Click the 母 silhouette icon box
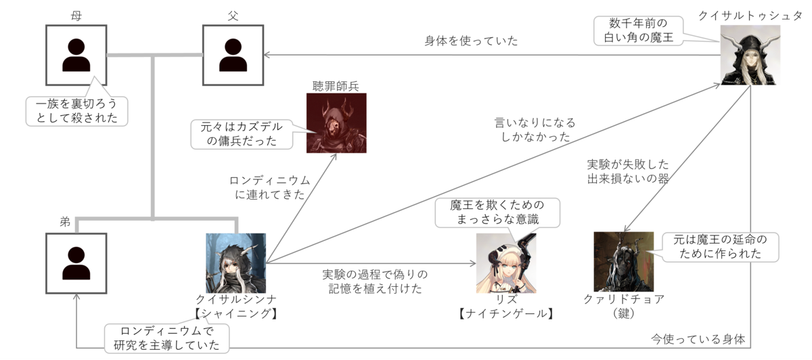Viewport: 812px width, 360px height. [x=76, y=55]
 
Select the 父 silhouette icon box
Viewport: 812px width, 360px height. [x=233, y=55]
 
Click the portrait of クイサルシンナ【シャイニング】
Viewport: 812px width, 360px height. [x=236, y=263]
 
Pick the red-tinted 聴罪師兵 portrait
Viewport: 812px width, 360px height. [x=336, y=122]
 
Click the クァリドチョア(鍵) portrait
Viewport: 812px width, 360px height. [x=623, y=261]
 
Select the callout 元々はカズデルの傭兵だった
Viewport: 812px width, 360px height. [x=242, y=134]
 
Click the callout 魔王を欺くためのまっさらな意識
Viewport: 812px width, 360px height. [x=497, y=212]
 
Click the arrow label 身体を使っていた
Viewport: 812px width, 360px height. [x=471, y=41]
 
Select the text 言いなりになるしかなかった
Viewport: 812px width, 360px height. [x=535, y=129]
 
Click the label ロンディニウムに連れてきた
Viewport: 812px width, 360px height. [x=269, y=187]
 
